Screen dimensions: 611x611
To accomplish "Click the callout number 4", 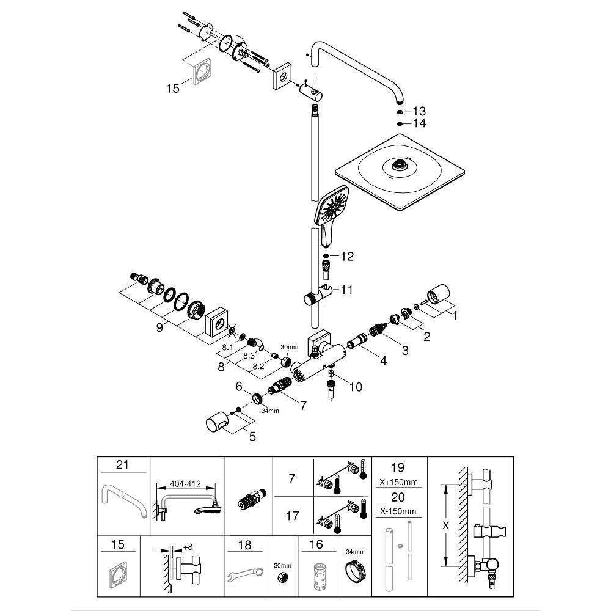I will click(x=383, y=360).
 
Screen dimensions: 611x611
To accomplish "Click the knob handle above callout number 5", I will click(x=219, y=422).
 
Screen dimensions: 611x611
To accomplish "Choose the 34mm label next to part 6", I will click(x=270, y=411).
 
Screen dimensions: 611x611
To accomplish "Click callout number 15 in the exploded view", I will click(x=173, y=89).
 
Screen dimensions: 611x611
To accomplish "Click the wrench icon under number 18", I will click(x=243, y=574).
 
